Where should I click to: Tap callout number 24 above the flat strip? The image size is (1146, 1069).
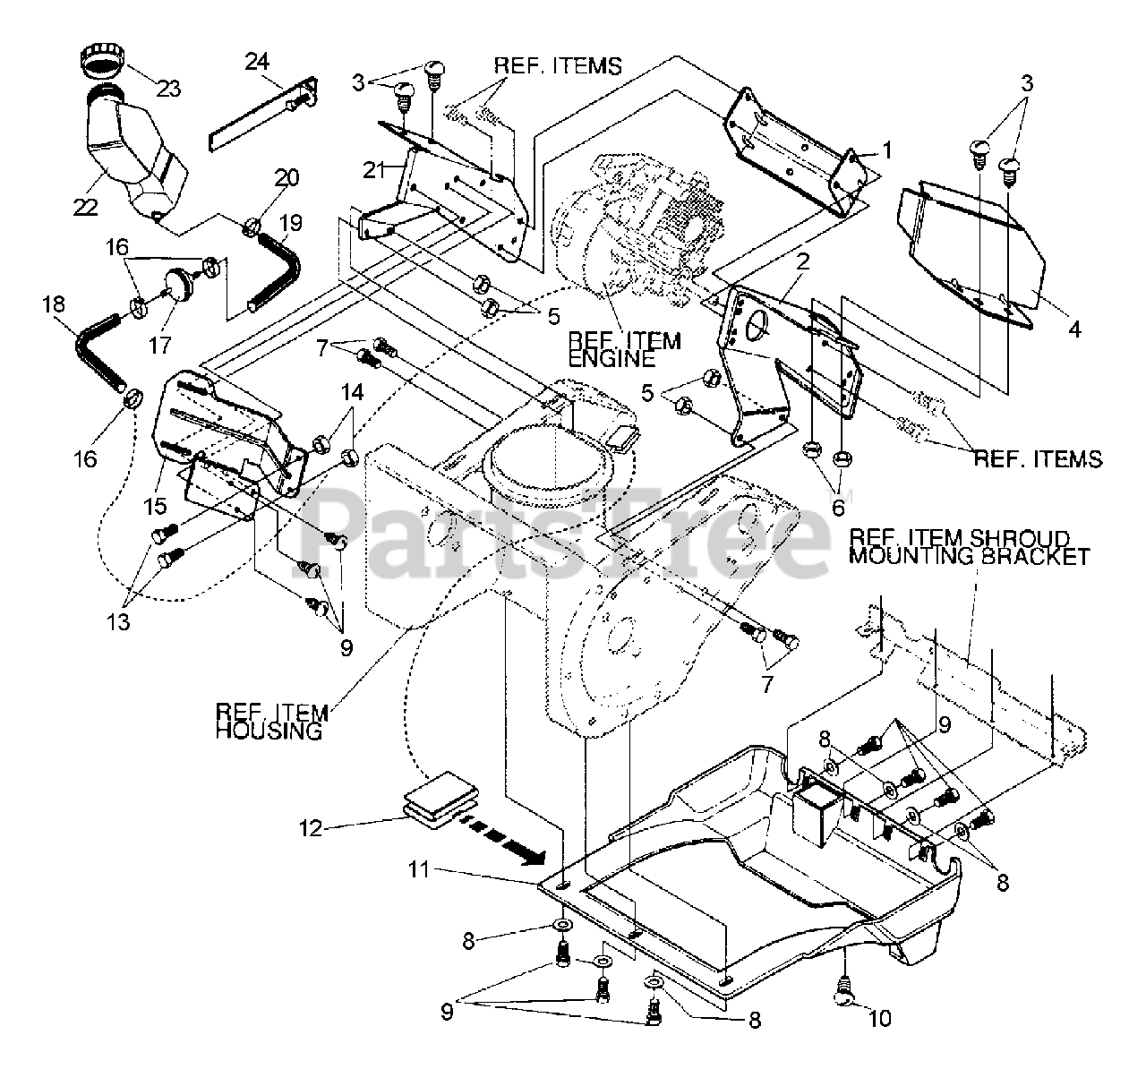tap(256, 62)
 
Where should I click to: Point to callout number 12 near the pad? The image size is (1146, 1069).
tap(310, 828)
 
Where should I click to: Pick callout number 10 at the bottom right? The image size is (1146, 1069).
tap(880, 1018)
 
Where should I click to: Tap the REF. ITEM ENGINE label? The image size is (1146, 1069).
tap(623, 349)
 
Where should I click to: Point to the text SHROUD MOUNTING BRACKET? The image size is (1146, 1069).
tap(969, 555)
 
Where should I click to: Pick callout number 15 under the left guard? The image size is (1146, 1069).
tap(154, 506)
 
